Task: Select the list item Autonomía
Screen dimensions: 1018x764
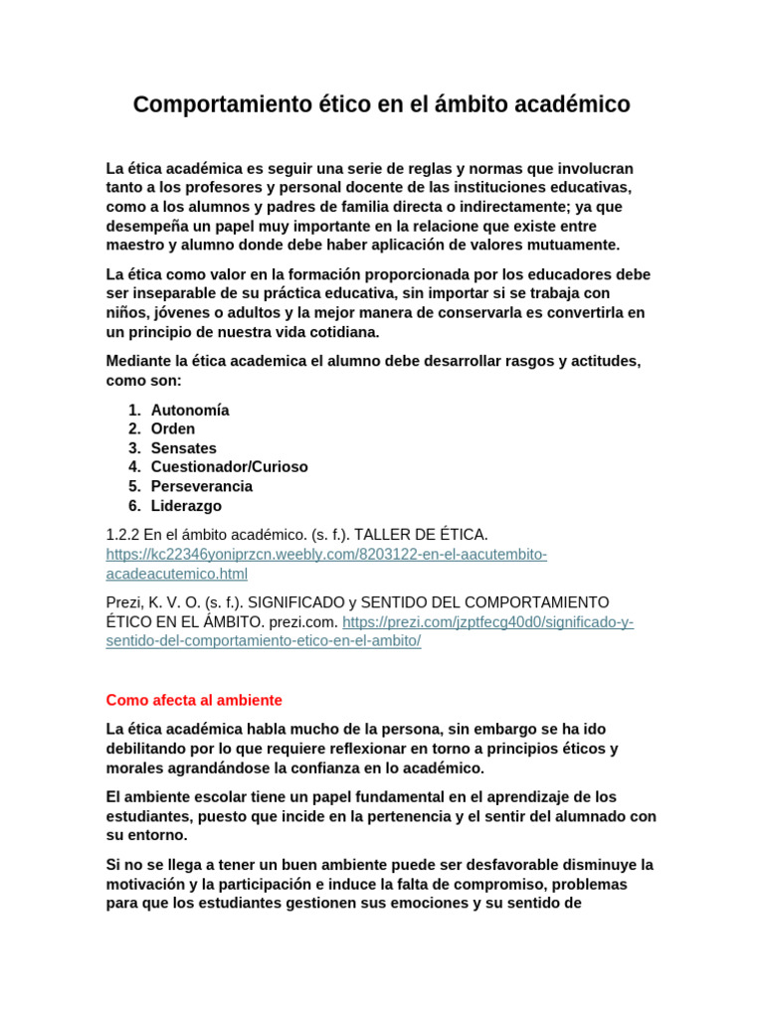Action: (190, 411)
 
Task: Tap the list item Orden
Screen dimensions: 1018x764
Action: (173, 429)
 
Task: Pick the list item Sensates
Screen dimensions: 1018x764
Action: (184, 448)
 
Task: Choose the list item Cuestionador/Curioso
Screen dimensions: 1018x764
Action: (230, 467)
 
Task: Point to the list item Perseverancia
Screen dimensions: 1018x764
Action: (202, 486)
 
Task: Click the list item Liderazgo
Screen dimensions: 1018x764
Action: (186, 506)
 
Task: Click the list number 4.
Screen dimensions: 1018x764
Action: (134, 467)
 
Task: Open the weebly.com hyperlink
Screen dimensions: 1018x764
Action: (326, 555)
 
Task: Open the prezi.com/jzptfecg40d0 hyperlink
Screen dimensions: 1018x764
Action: (487, 622)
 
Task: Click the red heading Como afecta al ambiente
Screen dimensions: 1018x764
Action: (194, 700)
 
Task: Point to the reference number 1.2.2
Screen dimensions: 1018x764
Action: (124, 535)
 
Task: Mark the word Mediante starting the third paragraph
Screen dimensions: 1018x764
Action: (139, 362)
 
